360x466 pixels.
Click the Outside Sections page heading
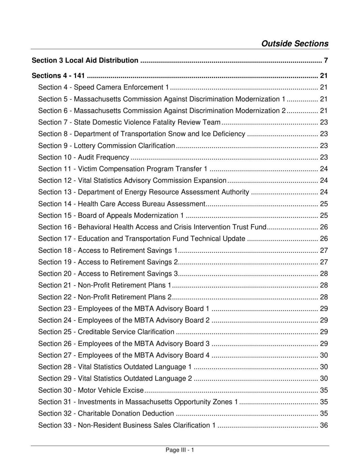295,44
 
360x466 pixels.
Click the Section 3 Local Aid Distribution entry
85,60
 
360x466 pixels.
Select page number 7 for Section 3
326,60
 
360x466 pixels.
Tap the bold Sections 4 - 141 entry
58,75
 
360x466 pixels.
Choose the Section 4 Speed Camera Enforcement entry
104,87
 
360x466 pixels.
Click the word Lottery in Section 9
85,146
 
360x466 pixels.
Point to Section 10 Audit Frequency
84,157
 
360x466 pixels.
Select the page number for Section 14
324,204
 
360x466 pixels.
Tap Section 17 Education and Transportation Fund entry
142,239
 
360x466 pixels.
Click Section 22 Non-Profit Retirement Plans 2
105,297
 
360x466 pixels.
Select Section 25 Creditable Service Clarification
106,332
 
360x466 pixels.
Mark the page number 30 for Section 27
324,355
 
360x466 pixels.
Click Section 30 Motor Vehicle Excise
91,390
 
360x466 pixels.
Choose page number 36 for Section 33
324,425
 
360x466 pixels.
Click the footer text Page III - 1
180,450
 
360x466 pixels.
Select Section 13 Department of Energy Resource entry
144,192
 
